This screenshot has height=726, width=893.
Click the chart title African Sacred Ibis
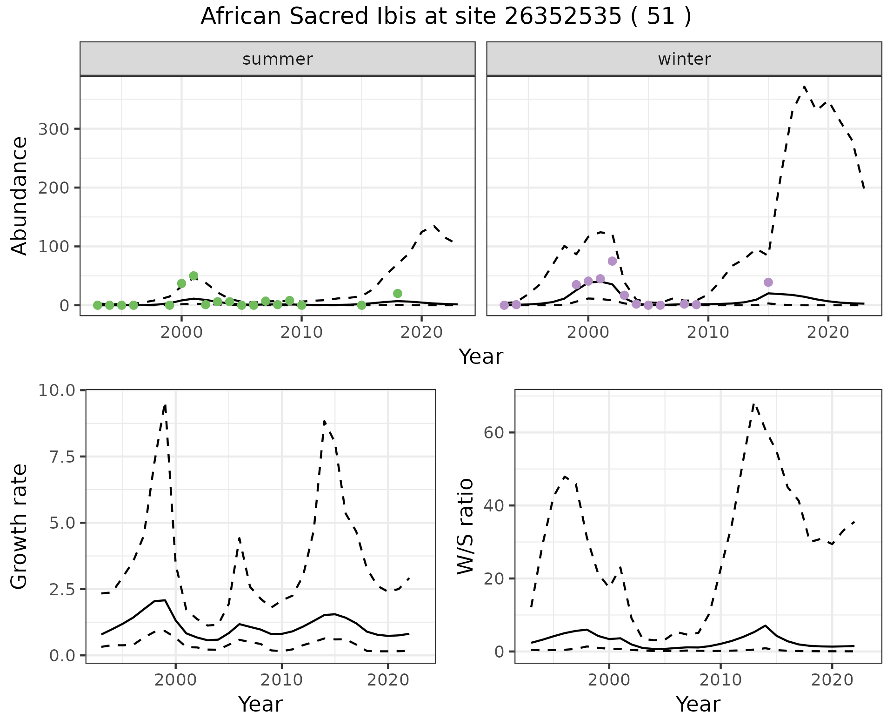pos(446,17)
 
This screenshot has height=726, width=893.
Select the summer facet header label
pos(278,59)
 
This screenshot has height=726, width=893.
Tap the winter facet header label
pos(684,59)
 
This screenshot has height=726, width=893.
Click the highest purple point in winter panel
pos(612,261)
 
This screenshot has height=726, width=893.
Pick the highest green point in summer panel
pos(193,276)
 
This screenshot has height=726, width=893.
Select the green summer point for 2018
pos(397,293)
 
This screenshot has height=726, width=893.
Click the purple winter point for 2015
pos(768,282)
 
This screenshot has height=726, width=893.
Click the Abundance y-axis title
pos(20,195)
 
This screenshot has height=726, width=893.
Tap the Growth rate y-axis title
pos(20,526)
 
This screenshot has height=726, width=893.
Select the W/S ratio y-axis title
pos(465,526)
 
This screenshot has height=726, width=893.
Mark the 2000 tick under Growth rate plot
pos(175,679)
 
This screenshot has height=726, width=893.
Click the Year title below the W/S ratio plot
pos(698,704)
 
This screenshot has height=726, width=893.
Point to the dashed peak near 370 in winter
pos(804,87)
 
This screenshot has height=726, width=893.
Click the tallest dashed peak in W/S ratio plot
pos(754,404)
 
